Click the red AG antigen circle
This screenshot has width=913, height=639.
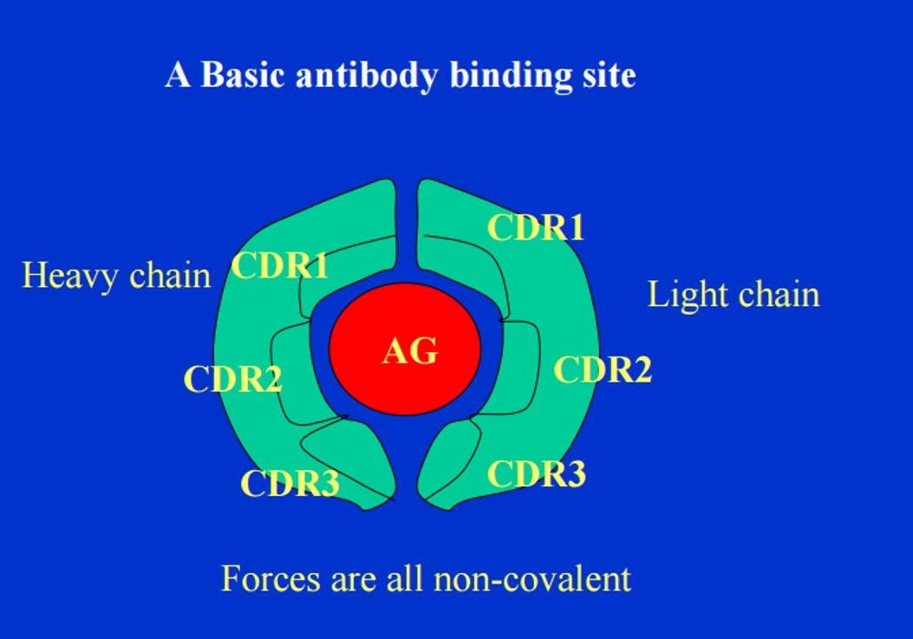point(405,349)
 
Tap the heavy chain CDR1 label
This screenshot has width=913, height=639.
point(280,266)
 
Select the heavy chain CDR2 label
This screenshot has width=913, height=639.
point(233,379)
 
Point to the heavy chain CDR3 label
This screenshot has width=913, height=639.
point(290,483)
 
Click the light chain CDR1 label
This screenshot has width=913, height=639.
point(536,227)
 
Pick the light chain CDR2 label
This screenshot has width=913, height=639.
point(603,369)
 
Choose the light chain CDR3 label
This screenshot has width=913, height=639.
point(537,473)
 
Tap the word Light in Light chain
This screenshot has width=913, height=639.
point(683,295)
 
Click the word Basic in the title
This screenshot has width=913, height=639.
point(243,75)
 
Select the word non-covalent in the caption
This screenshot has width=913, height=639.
point(532,578)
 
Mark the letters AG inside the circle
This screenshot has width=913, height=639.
point(410,352)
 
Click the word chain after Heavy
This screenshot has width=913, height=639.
point(170,275)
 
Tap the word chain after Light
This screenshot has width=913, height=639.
point(779,294)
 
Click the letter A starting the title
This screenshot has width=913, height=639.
point(178,75)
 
